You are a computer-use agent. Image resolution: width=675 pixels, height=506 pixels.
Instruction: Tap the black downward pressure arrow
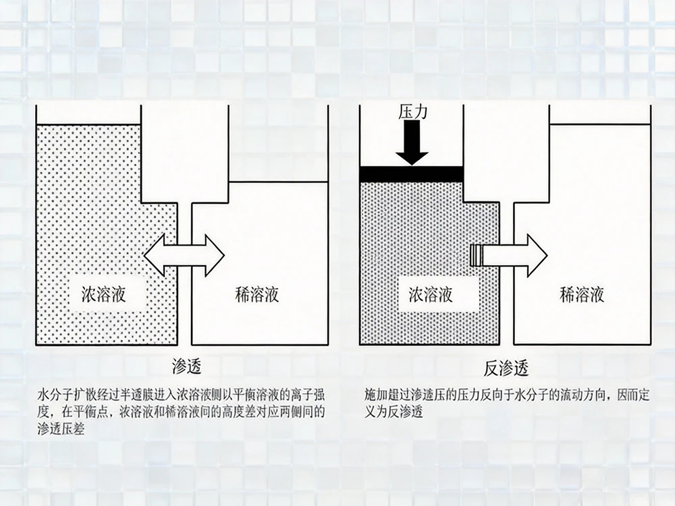pos(412,144)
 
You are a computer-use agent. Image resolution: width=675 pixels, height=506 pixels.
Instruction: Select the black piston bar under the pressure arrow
pos(411,174)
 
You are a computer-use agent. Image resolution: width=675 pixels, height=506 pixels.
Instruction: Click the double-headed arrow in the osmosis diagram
pos(184,255)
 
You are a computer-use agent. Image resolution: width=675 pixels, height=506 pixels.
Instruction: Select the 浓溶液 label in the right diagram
pos(431,294)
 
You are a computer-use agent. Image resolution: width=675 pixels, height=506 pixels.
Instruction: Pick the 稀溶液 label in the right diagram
pos(582,294)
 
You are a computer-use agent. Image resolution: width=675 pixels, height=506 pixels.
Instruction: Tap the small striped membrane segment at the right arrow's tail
pos(477,255)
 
